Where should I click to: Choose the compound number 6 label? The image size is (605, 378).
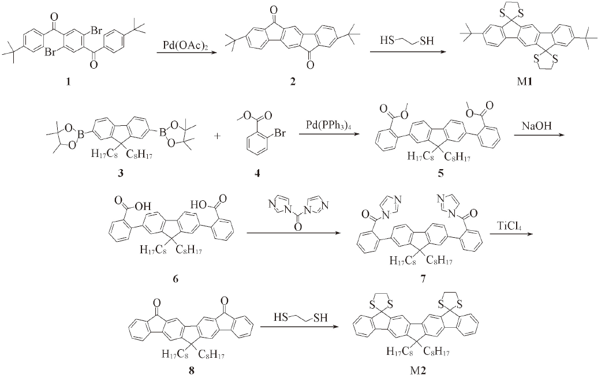pos(175,279)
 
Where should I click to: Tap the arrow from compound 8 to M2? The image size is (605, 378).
pos(296,327)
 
